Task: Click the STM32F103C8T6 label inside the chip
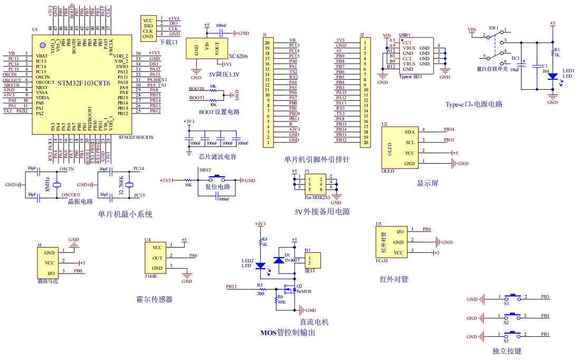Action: click(83, 83)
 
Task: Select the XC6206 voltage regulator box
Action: click(206, 49)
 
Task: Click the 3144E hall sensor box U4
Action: click(157, 258)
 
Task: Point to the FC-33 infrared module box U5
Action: click(391, 242)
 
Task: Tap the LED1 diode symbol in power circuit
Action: click(553, 76)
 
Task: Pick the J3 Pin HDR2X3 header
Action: click(315, 184)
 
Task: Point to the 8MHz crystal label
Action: click(47, 184)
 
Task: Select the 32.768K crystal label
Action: click(121, 184)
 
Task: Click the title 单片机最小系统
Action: click(125, 214)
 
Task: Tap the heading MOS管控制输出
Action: click(288, 333)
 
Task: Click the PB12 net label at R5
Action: click(231, 287)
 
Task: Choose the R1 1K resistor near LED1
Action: click(553, 52)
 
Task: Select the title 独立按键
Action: click(506, 350)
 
